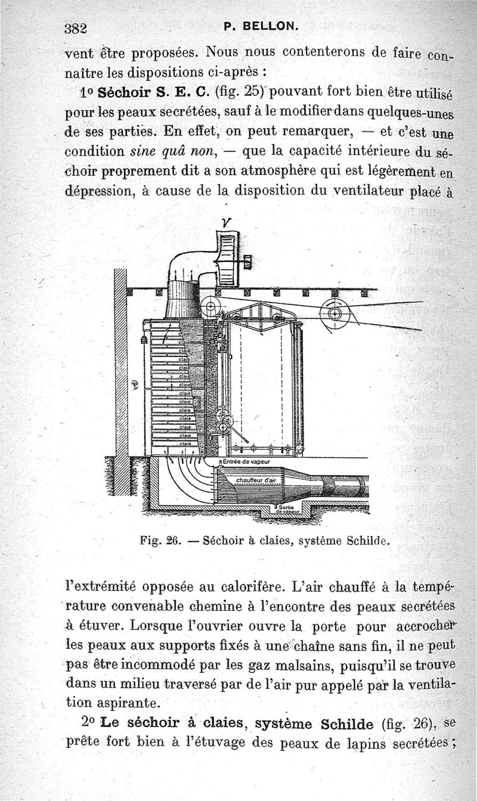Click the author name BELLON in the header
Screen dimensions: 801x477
click(265, 26)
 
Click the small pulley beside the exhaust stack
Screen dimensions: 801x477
click(210, 307)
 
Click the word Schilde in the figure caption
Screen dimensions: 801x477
click(366, 542)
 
